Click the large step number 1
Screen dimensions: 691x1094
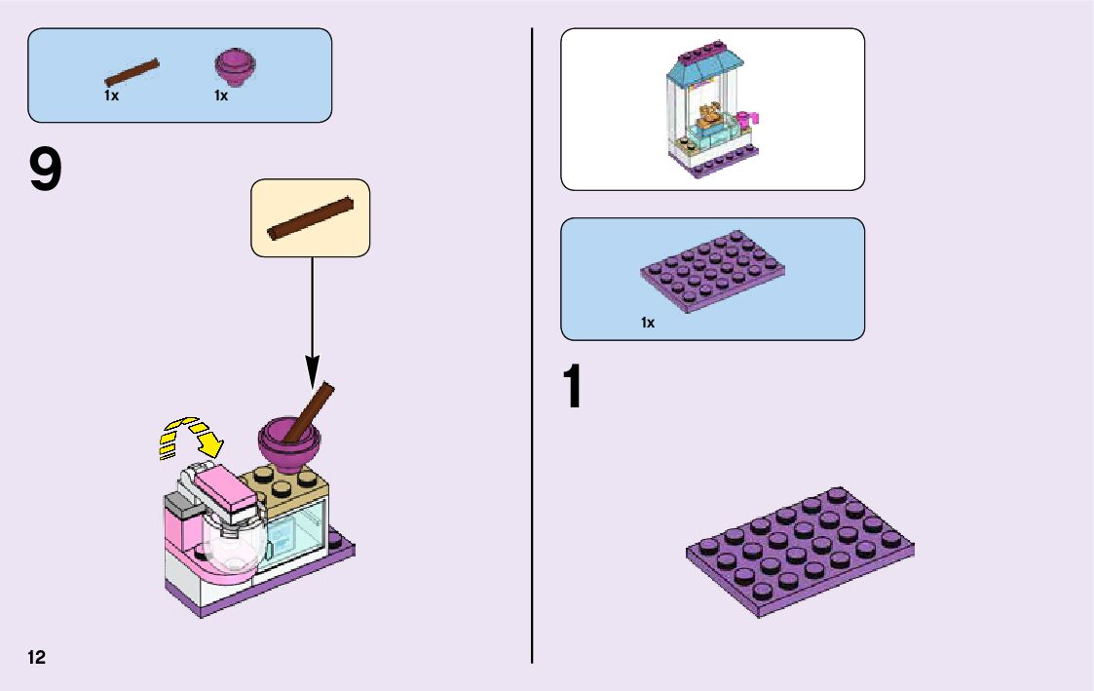574,388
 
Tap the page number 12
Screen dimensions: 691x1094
37,657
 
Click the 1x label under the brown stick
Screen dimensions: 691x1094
111,96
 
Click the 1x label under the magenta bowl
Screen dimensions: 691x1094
221,96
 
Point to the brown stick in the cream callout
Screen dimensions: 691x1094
310,216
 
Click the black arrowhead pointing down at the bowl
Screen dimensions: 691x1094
312,371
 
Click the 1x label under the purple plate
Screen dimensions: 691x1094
648,323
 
